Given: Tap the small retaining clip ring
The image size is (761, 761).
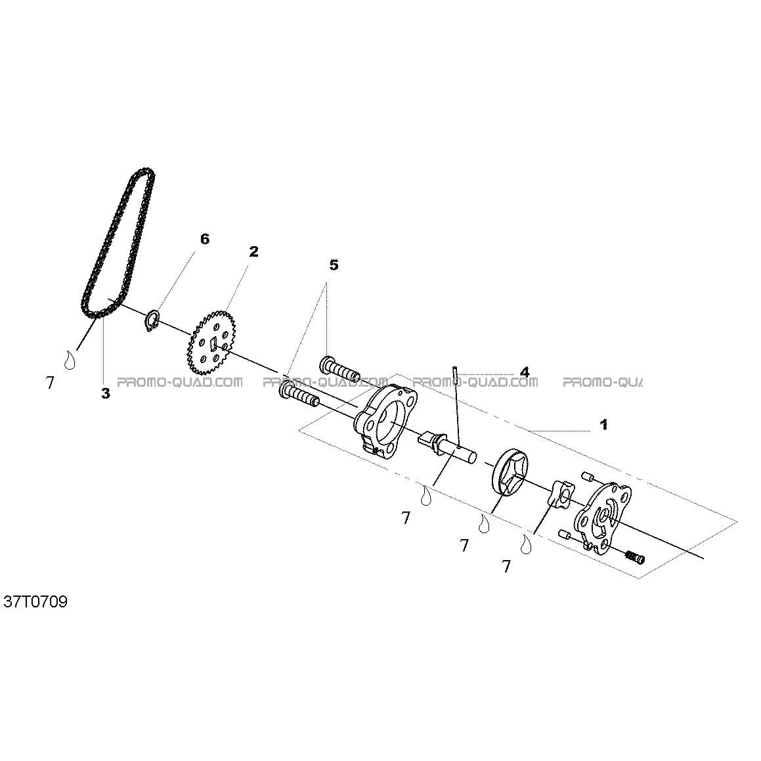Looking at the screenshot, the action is tap(152, 320).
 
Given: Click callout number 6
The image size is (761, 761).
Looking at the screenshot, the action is tap(205, 239).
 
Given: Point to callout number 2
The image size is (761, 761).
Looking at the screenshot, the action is tap(254, 251).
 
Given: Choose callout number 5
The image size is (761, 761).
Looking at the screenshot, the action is tap(334, 265).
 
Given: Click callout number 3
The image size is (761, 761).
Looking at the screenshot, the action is tap(105, 393).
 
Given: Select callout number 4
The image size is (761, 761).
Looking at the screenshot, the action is tap(524, 372).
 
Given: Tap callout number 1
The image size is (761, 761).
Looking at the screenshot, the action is tap(604, 425).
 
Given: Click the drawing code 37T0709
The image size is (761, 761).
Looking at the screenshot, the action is tap(35, 602).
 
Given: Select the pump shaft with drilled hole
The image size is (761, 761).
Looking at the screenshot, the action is tap(447, 443).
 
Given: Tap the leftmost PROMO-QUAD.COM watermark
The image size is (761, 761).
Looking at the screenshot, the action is tap(180, 382).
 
